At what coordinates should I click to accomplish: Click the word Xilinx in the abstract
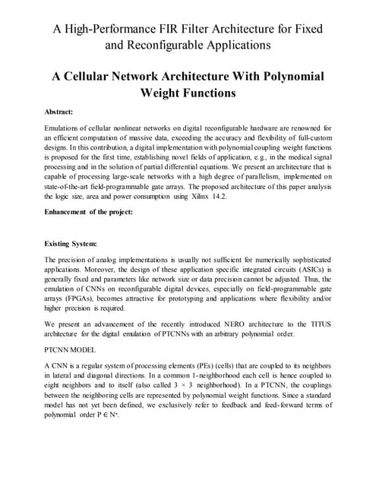[229, 195]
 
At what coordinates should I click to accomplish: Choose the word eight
[55, 393]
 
